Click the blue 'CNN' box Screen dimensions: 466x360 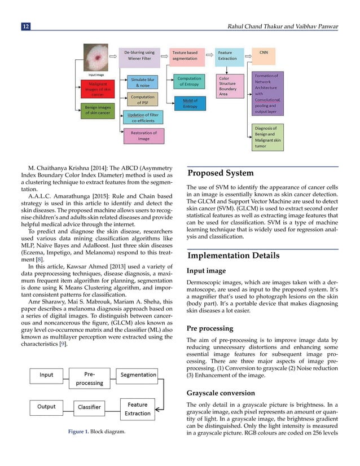[264, 52]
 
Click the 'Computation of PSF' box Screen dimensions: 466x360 [143, 99]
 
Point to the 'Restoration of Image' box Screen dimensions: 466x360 [144, 136]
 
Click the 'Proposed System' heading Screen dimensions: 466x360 [221, 173]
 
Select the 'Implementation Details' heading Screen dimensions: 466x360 [233, 256]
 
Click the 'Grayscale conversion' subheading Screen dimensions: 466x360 [222, 393]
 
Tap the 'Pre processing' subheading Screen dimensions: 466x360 [209, 328]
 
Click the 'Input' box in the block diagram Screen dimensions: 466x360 [47, 375]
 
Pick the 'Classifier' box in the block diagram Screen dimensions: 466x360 [89, 406]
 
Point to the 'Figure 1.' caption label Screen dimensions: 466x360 [78, 433]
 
